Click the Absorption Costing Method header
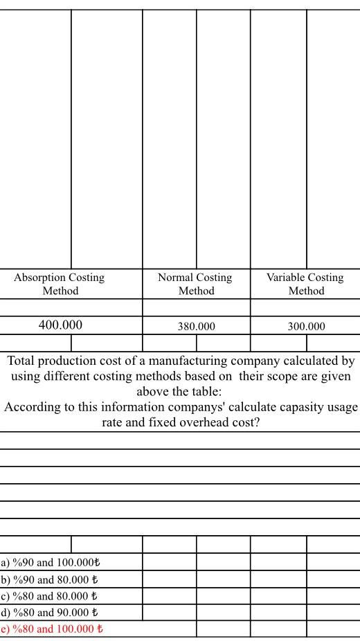click(x=60, y=284)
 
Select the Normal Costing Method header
click(x=195, y=284)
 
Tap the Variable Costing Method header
click(x=305, y=284)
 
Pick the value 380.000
click(x=196, y=326)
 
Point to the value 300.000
click(x=306, y=326)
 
